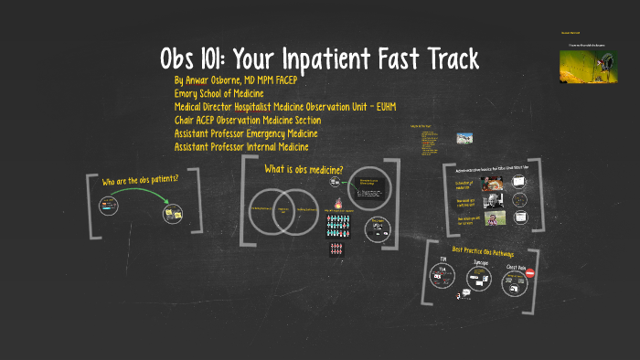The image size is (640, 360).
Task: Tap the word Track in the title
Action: point(443,60)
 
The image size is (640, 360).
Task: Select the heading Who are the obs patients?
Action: point(139,179)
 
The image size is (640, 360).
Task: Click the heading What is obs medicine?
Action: point(304,169)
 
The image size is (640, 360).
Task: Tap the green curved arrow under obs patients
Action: point(137,196)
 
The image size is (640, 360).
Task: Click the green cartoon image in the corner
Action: point(586,64)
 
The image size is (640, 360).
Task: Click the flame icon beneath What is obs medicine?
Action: point(339,204)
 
